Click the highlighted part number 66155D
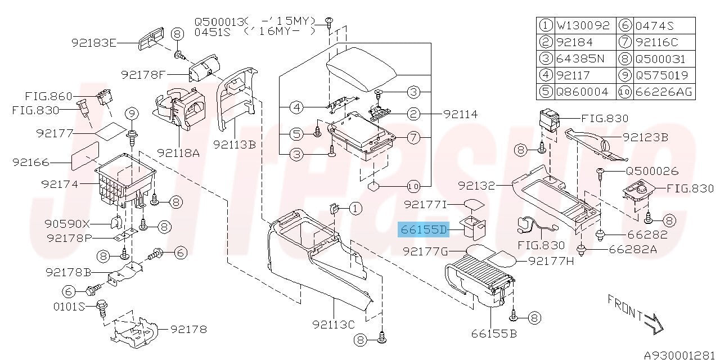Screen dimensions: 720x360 pos(424,229)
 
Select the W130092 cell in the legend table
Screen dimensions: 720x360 pos(583,25)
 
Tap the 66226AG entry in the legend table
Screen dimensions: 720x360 pos(664,92)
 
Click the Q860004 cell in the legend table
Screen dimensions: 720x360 pos(582,92)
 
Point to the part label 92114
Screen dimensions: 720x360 pos(460,114)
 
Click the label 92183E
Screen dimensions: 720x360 pos(93,43)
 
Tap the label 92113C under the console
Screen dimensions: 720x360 pos(334,325)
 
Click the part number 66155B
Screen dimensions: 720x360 pos(494,334)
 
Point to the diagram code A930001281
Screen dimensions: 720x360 pos(681,355)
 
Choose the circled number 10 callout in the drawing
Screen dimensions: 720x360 pos(413,186)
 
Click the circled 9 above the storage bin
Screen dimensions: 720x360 pos(132,114)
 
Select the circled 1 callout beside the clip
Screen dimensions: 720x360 pos(355,209)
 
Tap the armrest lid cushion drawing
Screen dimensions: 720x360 pos(362,69)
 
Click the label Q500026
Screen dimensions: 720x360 pos(652,170)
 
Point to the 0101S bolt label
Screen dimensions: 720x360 pos(69,307)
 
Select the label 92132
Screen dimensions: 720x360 pos(476,186)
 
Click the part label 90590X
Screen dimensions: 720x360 pos(67,223)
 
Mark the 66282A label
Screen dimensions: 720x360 pos(633,249)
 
